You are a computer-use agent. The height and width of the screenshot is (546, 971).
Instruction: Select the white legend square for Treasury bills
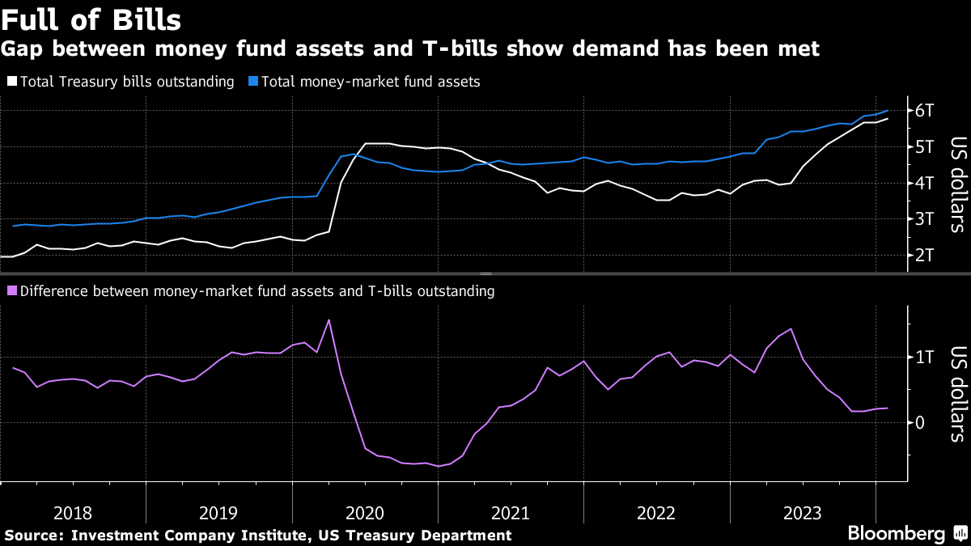(11, 82)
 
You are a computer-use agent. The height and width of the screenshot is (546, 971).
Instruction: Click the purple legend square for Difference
(11, 291)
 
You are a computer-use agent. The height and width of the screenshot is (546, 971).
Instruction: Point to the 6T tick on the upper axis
(924, 110)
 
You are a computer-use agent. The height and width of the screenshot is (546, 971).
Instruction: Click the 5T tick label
(924, 146)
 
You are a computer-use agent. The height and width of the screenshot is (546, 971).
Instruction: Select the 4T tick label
(924, 183)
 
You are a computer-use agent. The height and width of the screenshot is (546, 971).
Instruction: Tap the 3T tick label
(924, 219)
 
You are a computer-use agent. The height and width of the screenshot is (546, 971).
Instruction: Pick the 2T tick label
(924, 256)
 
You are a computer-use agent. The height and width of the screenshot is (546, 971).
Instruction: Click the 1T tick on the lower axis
(924, 357)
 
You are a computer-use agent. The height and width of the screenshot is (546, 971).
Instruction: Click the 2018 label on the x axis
(73, 513)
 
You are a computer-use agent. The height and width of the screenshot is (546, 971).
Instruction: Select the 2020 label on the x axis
(364, 513)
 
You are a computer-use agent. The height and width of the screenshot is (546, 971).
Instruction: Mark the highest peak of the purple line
(329, 320)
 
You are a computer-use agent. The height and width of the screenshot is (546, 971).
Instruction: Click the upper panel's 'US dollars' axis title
(956, 183)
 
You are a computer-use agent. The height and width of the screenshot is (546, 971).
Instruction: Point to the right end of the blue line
(888, 110)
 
